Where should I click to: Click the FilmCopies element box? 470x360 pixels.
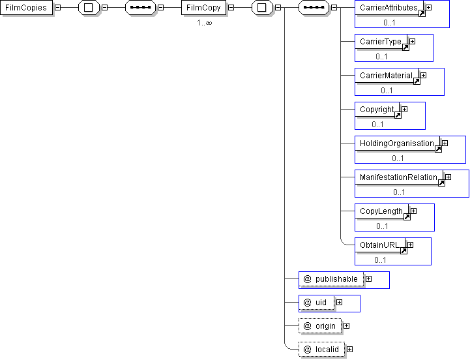26,8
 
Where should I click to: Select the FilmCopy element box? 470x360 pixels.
203,8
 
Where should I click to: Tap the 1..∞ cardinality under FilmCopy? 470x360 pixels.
205,23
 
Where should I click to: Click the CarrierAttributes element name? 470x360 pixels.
389,8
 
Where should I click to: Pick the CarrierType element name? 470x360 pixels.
381,42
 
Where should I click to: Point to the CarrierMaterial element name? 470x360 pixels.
386,76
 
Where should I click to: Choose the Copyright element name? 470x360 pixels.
377,110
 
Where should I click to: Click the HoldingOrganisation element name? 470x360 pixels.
397,143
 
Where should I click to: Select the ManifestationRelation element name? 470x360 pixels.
398,177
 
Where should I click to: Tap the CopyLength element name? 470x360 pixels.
381,211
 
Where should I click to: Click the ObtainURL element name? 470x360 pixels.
379,245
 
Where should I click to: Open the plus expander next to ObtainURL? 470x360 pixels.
410,245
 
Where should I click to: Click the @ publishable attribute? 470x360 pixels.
331,279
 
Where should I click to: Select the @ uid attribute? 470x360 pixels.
316,303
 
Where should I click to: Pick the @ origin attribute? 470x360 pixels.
320,326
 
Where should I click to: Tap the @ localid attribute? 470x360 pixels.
321,349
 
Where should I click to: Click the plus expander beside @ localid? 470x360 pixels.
350,349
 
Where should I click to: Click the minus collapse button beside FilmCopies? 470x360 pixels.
58,8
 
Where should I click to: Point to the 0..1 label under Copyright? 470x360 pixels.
377,125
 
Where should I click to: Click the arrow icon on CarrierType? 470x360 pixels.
405,48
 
